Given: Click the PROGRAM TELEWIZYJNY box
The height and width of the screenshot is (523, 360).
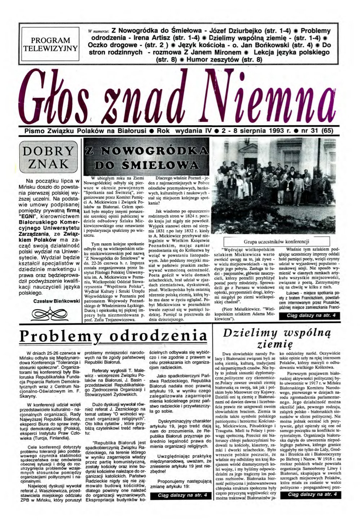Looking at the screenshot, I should tap(51, 44).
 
